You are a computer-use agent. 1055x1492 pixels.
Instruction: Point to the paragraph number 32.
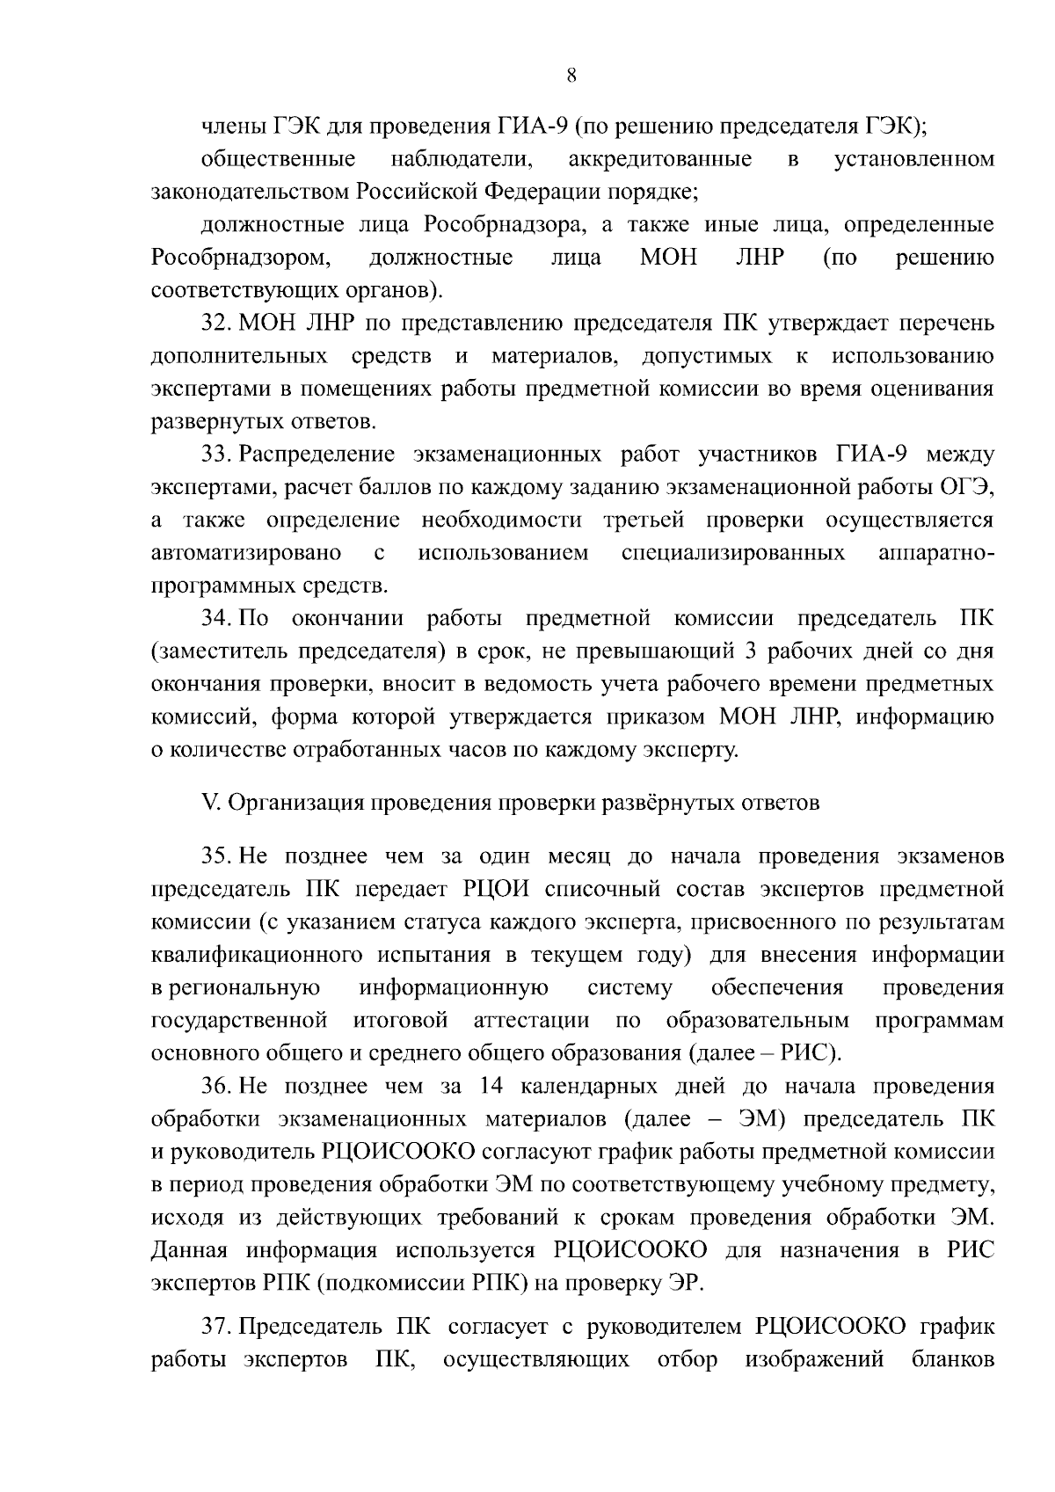215,324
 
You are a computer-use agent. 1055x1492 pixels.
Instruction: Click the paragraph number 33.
215,455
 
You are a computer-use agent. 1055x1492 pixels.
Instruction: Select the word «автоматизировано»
246,553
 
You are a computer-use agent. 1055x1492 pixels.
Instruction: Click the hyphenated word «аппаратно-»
936,553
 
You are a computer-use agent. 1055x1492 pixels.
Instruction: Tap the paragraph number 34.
215,618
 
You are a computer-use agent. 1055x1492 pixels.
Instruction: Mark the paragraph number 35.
215,856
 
